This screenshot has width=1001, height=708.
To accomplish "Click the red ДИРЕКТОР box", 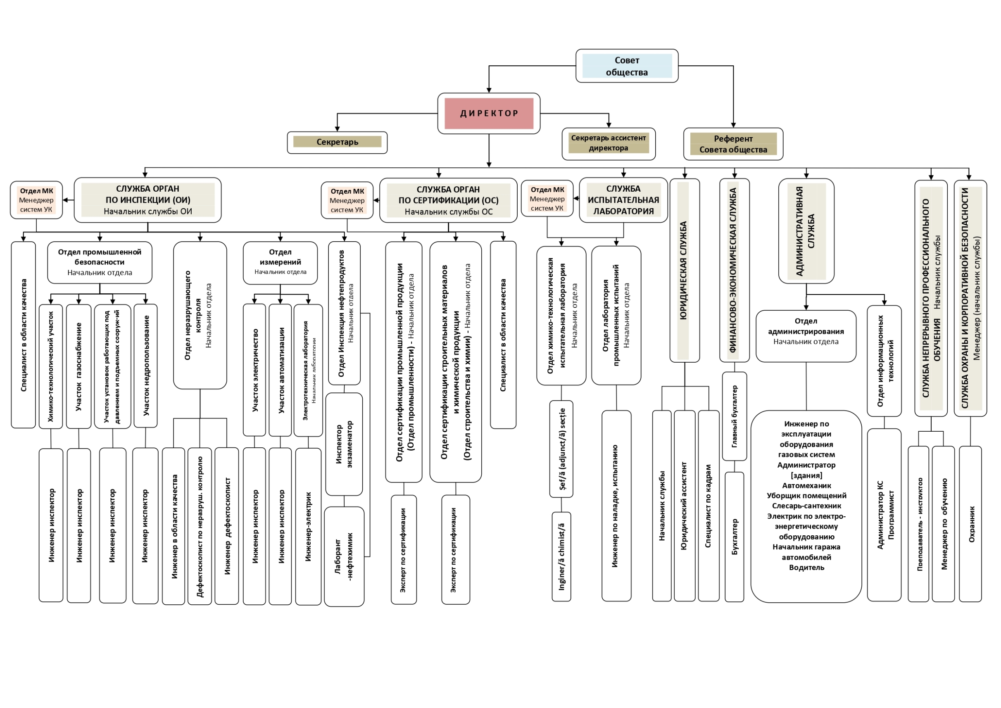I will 489,113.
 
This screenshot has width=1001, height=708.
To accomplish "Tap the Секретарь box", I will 337,142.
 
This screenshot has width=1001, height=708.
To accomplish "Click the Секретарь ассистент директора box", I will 608,143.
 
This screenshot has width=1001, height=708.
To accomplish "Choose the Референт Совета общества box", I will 733,144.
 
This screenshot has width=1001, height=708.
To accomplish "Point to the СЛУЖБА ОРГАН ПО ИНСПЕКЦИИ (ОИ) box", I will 147,200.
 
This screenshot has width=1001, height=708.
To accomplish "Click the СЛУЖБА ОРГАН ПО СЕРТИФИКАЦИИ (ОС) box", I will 448,200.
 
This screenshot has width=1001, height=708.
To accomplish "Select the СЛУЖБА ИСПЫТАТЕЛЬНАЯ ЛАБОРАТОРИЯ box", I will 623,200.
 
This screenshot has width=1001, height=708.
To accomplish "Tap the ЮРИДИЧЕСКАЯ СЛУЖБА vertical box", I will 684,270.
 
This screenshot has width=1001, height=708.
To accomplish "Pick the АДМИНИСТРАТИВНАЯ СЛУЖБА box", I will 806,231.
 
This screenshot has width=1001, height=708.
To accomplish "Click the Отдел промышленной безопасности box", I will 100,262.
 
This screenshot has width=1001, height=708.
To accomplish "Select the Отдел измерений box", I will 280,262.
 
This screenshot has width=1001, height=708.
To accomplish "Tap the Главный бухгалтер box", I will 734,416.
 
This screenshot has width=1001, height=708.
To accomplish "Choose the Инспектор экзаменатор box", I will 344,444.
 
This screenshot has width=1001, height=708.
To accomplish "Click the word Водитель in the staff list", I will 806,568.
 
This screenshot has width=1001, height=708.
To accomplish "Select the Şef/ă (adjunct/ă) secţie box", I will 561,449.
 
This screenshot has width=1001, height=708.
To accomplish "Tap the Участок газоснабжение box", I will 78,366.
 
